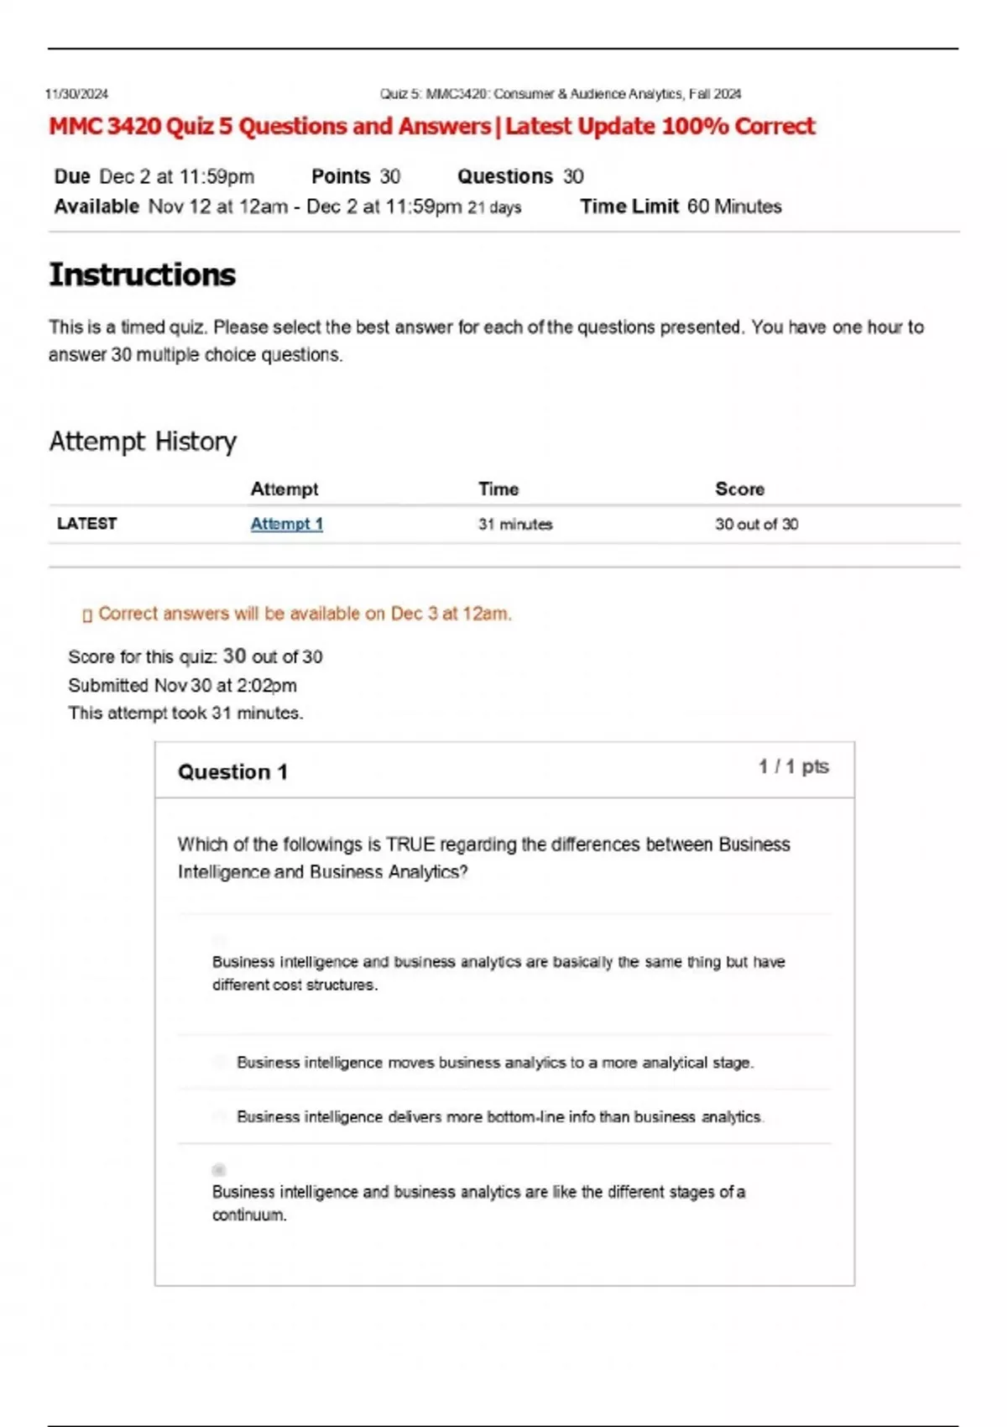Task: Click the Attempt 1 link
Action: (x=286, y=524)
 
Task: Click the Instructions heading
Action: (x=142, y=275)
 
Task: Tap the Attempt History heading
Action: (x=143, y=442)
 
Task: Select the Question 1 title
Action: (x=232, y=772)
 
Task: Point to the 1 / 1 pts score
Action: (x=793, y=766)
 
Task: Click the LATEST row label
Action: (x=86, y=524)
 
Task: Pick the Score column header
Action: (x=739, y=489)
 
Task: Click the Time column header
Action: (x=498, y=489)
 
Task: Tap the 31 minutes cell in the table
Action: (x=515, y=525)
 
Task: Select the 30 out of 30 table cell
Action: (x=756, y=525)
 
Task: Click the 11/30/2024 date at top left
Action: (x=76, y=94)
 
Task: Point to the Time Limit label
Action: (x=629, y=206)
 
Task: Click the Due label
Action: (x=72, y=176)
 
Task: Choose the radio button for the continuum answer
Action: (x=219, y=1169)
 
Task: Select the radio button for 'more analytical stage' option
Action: (x=219, y=1062)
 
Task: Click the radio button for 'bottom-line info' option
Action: (x=219, y=1116)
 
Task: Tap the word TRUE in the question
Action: (x=410, y=844)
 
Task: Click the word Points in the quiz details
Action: (x=341, y=176)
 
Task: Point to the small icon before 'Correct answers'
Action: (x=87, y=615)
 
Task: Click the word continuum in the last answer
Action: (x=248, y=1215)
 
